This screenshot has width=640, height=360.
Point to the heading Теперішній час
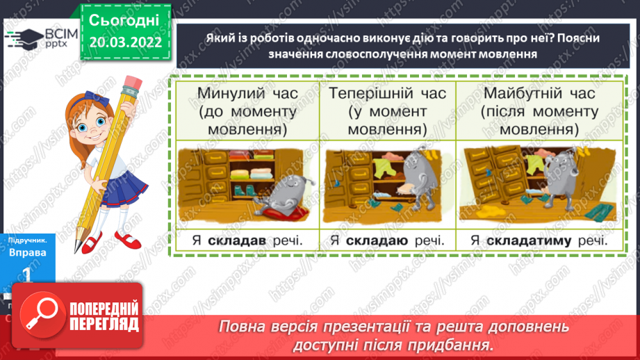pyautogui.click(x=387, y=93)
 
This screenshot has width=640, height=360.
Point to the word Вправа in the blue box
pyautogui.click(x=28, y=252)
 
